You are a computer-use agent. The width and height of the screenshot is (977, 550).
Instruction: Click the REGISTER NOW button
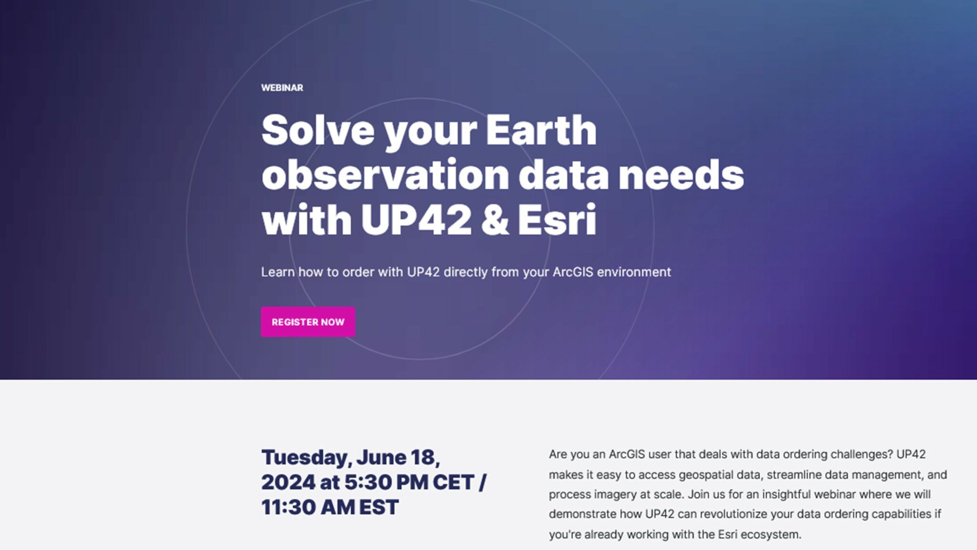(x=308, y=322)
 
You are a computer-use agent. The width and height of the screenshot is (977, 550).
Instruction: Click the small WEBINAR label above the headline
(x=282, y=88)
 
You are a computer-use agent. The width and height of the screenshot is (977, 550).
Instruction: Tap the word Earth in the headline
(x=541, y=130)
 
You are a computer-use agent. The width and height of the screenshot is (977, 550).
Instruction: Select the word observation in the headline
(x=385, y=175)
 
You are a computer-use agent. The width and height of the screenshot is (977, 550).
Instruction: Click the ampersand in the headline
(x=495, y=220)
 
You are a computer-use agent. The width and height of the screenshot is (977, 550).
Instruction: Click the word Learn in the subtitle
(x=278, y=272)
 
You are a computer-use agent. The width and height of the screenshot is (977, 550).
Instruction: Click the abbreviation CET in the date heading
(x=453, y=483)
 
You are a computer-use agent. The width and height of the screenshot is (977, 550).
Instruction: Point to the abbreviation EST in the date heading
(x=379, y=508)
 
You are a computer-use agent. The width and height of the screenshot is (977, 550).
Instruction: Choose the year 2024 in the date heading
(x=288, y=483)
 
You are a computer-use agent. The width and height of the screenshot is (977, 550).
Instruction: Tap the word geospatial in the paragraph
(x=703, y=475)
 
